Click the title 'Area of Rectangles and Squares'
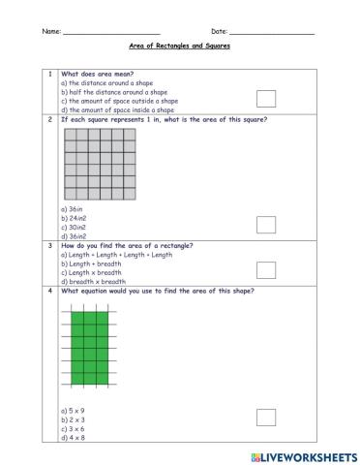[x=180, y=46]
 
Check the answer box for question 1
[x=266, y=97]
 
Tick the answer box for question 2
[x=266, y=225]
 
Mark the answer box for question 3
[x=266, y=269]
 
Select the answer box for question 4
[x=266, y=417]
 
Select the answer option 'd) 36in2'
[x=74, y=235]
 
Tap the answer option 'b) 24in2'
[x=74, y=218]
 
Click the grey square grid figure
[x=100, y=163]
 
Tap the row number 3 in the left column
[x=48, y=246]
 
